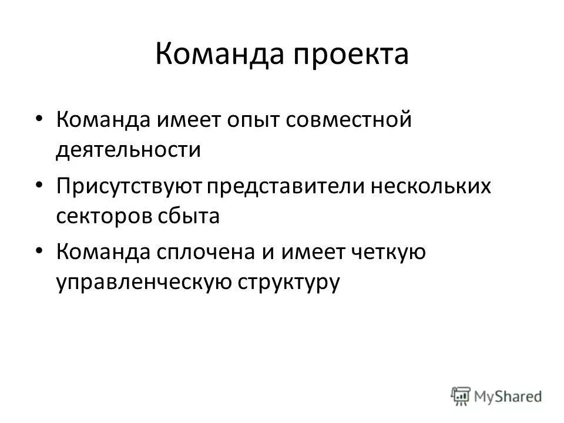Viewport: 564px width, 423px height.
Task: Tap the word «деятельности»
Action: pos(129,150)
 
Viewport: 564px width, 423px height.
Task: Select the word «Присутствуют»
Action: pos(130,187)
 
